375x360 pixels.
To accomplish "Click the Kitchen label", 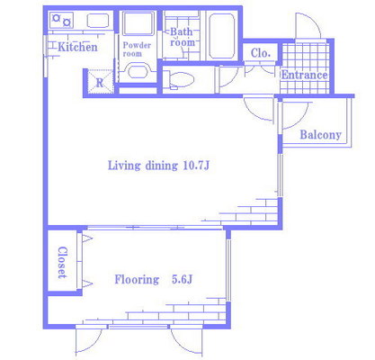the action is coord(77,47).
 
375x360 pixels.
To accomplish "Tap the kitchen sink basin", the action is coord(98,21).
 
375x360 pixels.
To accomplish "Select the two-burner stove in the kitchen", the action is coord(61,20).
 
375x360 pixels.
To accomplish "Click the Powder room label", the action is coord(137,49).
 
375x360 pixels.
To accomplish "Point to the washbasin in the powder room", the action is coord(138,71).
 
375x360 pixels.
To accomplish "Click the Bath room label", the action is coord(182,37).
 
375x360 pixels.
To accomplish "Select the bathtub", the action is coord(221,36).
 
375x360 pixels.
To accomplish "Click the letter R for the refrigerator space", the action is coord(100,83).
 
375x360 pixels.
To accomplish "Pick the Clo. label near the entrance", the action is coord(261,53).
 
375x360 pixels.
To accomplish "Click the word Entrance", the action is coord(304,75).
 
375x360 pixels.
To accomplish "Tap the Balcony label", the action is coord(321,135).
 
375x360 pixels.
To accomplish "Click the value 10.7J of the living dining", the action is coord(196,166).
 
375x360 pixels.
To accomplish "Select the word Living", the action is coord(124,166).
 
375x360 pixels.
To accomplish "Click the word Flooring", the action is coord(137,280).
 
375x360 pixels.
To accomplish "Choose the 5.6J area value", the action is coord(182,279).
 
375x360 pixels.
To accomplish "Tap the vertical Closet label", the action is coord(62,263).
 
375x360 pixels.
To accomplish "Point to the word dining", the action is coord(162,166).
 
